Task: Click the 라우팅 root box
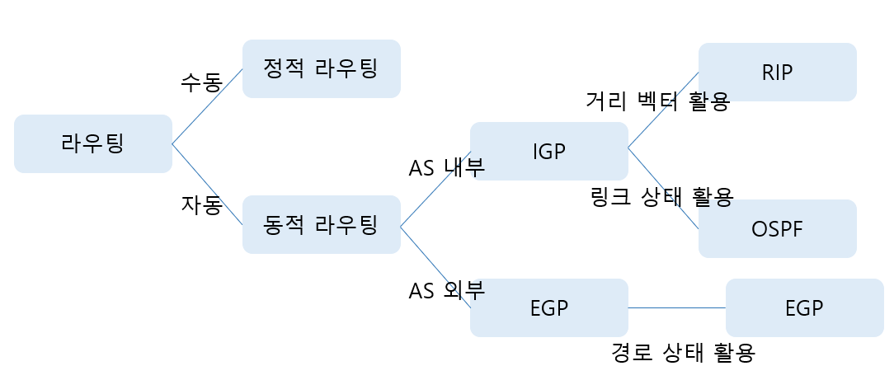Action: click(x=92, y=143)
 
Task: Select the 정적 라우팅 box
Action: click(x=321, y=68)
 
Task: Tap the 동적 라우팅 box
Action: click(x=321, y=224)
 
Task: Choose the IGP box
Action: click(x=548, y=151)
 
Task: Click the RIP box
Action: click(x=777, y=72)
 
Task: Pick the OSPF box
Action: click(x=777, y=228)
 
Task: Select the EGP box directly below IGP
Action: click(x=548, y=307)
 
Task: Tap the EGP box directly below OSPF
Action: click(x=804, y=307)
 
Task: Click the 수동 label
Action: click(x=201, y=82)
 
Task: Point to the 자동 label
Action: click(x=201, y=204)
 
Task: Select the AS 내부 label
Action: click(x=446, y=167)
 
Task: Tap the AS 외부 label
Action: click(x=446, y=290)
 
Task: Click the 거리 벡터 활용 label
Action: click(x=656, y=101)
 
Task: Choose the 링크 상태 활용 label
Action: click(x=661, y=197)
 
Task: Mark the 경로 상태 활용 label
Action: click(x=683, y=353)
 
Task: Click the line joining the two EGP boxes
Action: click(x=676, y=307)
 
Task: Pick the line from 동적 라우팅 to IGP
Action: click(x=435, y=189)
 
